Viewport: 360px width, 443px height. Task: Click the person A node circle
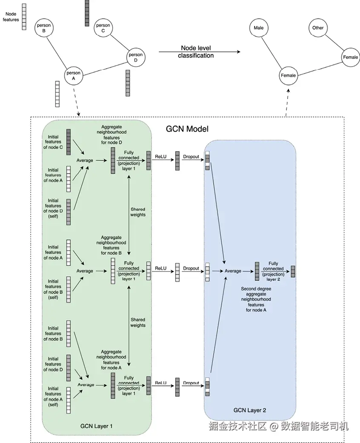click(x=73, y=76)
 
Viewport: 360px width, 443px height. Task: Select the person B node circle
click(x=44, y=28)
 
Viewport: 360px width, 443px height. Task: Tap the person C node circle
click(x=103, y=28)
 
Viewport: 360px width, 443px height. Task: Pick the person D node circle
click(x=136, y=57)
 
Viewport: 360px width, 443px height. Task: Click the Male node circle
click(x=258, y=28)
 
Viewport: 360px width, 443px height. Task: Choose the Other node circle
click(x=318, y=28)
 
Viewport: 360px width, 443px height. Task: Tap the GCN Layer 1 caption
click(x=97, y=425)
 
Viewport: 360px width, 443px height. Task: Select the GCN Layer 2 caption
click(x=250, y=410)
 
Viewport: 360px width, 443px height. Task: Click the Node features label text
click(x=11, y=17)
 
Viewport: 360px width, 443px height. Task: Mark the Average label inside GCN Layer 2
click(x=233, y=271)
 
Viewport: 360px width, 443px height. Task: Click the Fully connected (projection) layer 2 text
click(x=273, y=272)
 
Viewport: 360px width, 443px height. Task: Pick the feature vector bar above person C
click(x=87, y=13)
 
